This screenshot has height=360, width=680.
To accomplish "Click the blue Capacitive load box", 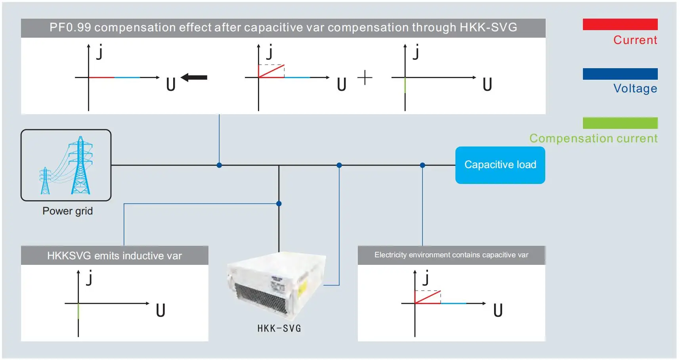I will [x=500, y=165].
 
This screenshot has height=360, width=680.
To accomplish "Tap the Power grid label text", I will [x=67, y=211].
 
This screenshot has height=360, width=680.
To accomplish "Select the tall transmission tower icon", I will [x=81, y=166].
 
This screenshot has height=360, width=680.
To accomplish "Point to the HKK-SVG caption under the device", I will [x=279, y=328].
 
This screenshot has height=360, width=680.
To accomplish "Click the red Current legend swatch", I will [x=620, y=24].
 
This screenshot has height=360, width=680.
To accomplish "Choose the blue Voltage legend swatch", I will [x=620, y=74].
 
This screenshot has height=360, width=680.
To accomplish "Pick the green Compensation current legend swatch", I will [x=620, y=123].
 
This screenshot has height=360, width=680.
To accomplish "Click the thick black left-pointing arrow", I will [x=194, y=77].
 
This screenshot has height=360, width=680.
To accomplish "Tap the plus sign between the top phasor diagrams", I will [x=365, y=77].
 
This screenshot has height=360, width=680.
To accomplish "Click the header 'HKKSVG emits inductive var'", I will [x=114, y=256].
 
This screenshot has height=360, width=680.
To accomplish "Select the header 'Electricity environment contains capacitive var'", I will [x=451, y=255].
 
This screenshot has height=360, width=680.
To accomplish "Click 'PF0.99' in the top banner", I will [x=70, y=27].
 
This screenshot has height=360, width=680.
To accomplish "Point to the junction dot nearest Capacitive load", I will [x=422, y=165].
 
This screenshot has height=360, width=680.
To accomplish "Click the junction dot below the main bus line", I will [x=279, y=203].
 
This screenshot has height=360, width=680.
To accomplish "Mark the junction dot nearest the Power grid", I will [x=219, y=165].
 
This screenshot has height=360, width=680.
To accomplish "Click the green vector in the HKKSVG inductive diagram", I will [x=78, y=311].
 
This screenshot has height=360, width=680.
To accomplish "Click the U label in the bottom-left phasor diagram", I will [x=160, y=310].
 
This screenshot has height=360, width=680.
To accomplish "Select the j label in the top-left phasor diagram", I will [x=99, y=52].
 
